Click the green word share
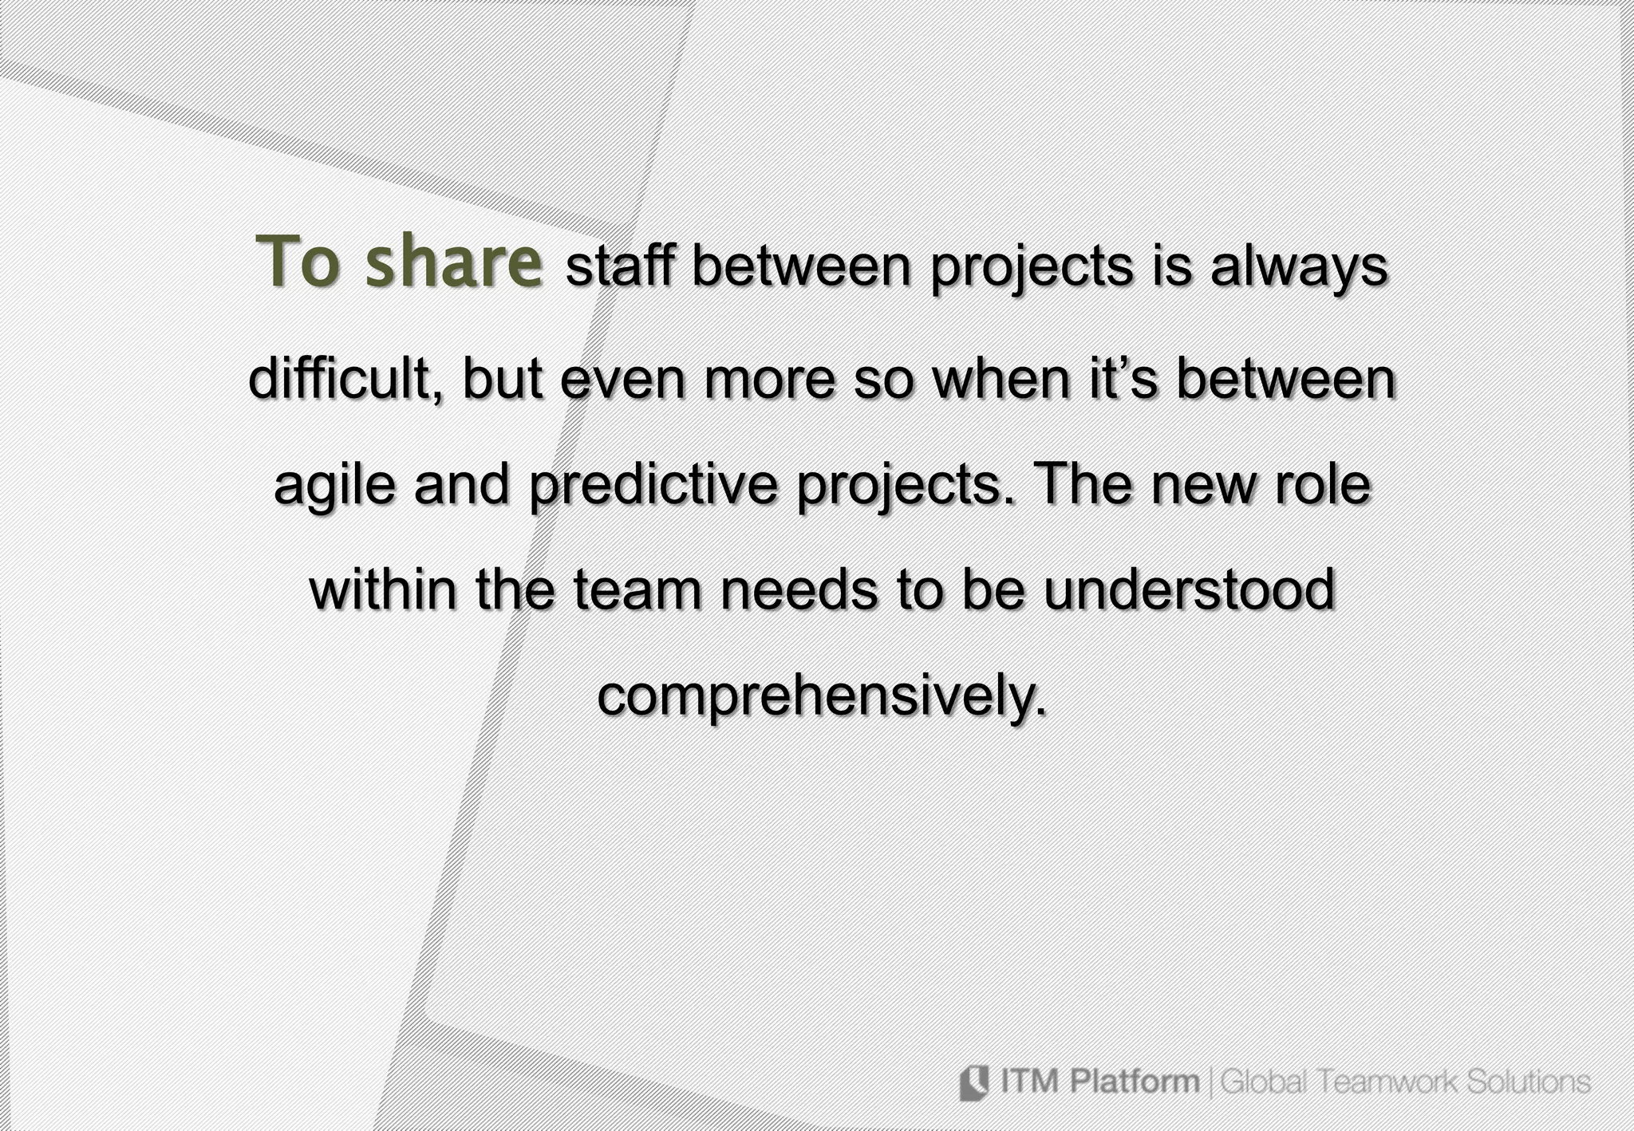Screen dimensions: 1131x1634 point(454,263)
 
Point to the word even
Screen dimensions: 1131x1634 point(622,380)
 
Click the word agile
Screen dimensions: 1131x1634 point(334,487)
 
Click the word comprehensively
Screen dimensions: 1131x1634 point(821,697)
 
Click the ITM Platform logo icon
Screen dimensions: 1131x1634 point(973,1082)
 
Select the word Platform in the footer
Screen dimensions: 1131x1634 point(1134,1082)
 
